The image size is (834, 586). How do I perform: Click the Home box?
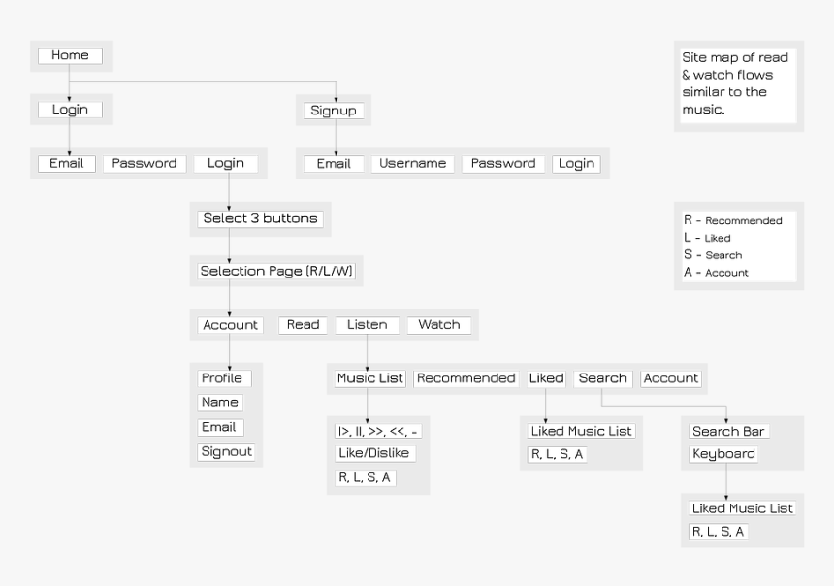pos(70,55)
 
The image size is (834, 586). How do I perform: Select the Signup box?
pos(334,111)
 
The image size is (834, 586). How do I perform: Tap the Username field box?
pos(413,163)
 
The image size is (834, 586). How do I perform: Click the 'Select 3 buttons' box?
pos(260,218)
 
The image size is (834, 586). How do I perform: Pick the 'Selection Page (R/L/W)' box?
pos(276,271)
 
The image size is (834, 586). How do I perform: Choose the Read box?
pos(303,325)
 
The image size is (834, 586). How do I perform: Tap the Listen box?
pos(367,325)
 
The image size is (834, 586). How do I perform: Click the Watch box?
pos(439,325)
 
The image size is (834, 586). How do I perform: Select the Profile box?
pos(224,378)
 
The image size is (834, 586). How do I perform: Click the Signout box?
pos(226,452)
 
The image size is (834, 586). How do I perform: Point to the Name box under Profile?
pos(220,403)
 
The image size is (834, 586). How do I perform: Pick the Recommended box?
pos(465,378)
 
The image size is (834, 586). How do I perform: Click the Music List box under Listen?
pos(370,378)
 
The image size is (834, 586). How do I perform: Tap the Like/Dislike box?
pos(374,453)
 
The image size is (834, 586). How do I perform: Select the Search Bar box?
pos(728,431)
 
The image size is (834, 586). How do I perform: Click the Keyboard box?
pos(723,454)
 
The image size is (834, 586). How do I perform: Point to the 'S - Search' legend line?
pos(713,255)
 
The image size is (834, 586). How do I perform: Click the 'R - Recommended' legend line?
pos(733,220)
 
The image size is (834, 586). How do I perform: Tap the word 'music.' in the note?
pos(704,109)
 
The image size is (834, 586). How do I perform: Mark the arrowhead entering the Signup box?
pos(336,100)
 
